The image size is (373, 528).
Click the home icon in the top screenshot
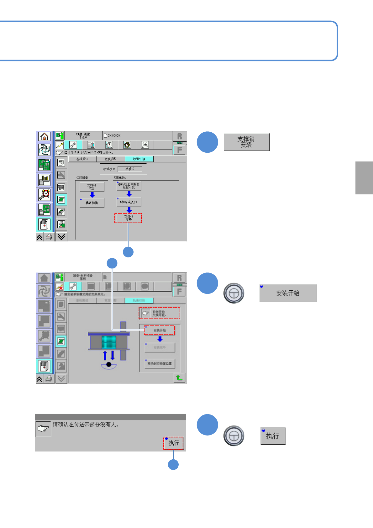tap(44, 136)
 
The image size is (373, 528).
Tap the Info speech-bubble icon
tap(145, 145)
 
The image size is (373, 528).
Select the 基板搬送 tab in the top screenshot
tap(82, 159)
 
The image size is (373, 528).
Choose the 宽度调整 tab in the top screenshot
tap(111, 159)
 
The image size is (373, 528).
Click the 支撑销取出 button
tap(92, 187)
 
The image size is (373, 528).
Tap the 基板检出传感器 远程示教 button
tap(129, 186)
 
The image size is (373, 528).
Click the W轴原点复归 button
tap(129, 202)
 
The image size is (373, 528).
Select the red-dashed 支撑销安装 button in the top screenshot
tap(128, 218)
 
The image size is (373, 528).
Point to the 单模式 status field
tap(130, 169)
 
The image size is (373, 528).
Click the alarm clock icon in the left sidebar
tap(44, 195)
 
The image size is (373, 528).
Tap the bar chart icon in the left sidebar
tap(44, 180)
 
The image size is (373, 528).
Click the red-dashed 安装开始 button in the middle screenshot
tap(160, 330)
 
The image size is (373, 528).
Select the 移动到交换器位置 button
tap(160, 364)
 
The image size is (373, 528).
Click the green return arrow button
tap(179, 378)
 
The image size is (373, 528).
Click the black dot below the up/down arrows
tap(109, 364)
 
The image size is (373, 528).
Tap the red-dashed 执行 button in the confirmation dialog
tap(173, 443)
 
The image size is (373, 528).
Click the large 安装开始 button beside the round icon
tap(288, 293)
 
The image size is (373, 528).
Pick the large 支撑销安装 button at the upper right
tap(247, 142)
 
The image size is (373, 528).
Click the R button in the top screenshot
tap(179, 136)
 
